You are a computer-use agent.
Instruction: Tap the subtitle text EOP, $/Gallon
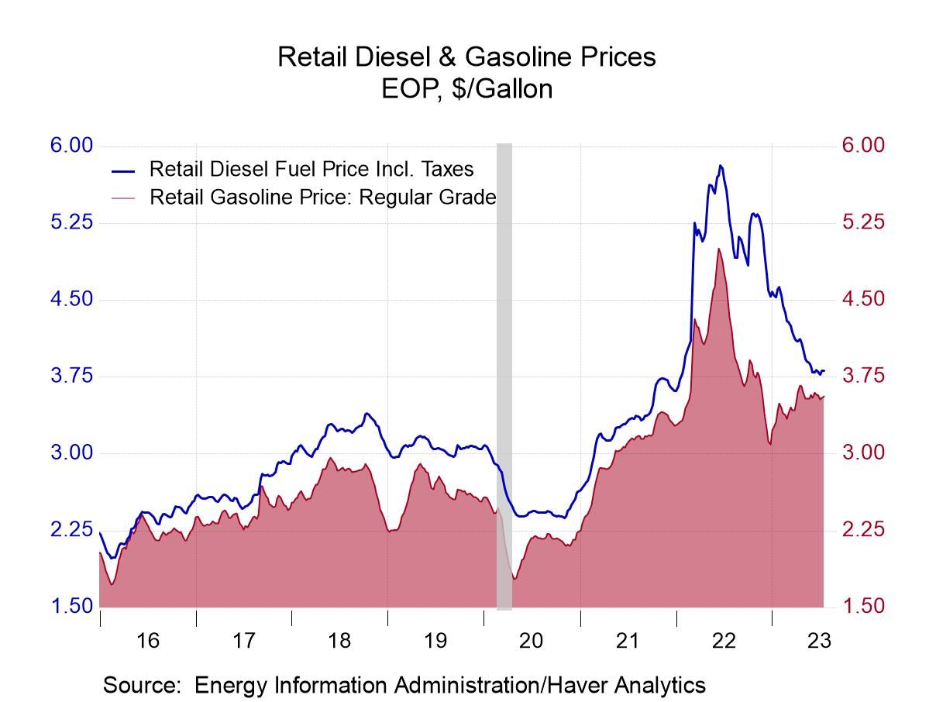click(x=467, y=89)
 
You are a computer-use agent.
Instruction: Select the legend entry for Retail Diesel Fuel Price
click(x=311, y=169)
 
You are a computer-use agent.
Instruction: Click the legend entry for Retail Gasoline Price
click(x=322, y=197)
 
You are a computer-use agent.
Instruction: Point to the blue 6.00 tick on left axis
click(x=71, y=146)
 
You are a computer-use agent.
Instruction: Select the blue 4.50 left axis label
click(x=71, y=299)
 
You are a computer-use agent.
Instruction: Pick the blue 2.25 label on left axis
click(x=71, y=530)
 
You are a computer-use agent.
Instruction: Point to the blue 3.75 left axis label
click(x=71, y=376)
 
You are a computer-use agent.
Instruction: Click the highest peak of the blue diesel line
click(x=721, y=165)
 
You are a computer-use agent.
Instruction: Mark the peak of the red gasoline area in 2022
click(x=719, y=249)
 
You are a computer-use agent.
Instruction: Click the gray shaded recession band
click(x=504, y=372)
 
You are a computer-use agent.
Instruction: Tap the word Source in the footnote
click(x=140, y=685)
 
